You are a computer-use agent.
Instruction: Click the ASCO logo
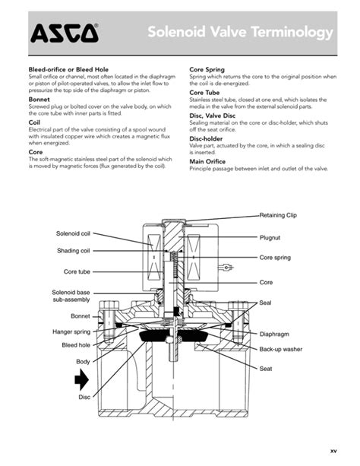[x=64, y=33]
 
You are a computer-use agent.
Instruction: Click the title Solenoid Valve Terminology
[x=240, y=33]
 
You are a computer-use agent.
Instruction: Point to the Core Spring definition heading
[x=207, y=69]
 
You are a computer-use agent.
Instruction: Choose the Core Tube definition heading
[x=204, y=92]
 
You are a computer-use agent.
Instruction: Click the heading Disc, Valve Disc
[x=212, y=116]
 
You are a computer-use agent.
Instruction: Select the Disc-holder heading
[x=206, y=138]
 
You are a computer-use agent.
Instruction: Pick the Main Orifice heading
[x=207, y=161]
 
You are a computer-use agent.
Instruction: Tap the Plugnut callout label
[x=270, y=238]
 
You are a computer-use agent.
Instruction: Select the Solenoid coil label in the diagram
[x=73, y=233]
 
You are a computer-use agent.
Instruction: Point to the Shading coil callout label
[x=74, y=251]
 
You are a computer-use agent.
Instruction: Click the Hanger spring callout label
[x=71, y=331]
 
